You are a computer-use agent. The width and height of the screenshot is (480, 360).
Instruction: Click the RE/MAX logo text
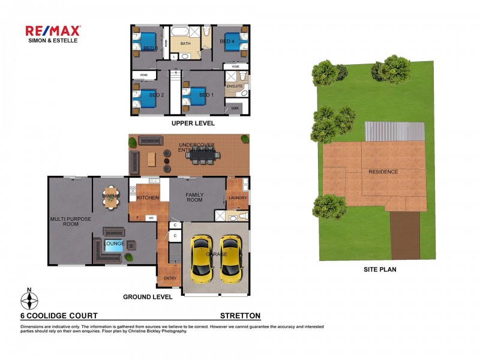click(x=53, y=31)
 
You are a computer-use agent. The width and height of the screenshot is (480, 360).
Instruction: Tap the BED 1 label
click(x=206, y=95)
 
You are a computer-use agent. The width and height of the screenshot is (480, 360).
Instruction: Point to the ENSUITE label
click(x=234, y=86)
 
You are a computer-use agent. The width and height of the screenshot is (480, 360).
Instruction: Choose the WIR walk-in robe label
click(x=235, y=109)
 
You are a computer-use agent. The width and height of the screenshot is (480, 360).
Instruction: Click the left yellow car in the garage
click(x=201, y=259)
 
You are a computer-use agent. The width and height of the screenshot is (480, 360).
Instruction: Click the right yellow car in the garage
click(x=230, y=259)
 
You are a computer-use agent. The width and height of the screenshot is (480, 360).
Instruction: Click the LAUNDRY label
click(x=238, y=197)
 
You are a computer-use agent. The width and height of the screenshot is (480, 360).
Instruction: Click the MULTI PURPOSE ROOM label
click(x=71, y=222)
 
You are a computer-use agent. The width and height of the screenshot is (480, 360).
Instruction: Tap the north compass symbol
click(x=29, y=299)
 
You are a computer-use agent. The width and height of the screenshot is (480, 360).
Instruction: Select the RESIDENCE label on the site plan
click(x=383, y=172)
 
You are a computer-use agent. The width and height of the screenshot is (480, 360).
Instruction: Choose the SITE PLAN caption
click(x=380, y=270)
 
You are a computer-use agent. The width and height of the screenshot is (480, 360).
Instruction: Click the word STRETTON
click(x=240, y=316)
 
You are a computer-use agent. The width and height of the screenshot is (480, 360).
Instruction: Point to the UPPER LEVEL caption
click(x=193, y=123)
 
